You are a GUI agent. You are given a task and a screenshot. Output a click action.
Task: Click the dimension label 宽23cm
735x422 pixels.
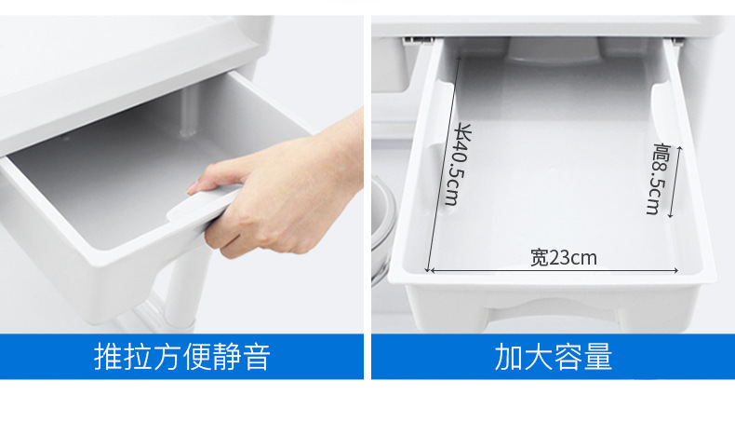tap(564, 258)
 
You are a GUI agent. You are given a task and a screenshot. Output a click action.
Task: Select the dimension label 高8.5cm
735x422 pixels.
tap(659, 179)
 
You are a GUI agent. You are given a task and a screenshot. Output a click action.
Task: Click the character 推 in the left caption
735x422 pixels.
tap(108, 357)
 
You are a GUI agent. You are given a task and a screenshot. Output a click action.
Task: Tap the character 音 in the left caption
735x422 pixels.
tap(257, 357)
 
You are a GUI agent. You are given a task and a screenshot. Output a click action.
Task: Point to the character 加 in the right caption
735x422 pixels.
tap(509, 357)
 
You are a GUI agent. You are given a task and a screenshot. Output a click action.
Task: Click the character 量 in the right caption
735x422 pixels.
tap(598, 357)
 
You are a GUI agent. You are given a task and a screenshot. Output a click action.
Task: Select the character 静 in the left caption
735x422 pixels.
tap(227, 357)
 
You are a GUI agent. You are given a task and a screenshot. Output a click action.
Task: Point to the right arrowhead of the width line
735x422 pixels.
tap(675, 270)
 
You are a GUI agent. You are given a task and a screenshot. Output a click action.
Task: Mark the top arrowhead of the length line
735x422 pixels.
tap(460, 60)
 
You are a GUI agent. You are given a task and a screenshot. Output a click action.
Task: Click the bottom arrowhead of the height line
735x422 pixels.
tap(671, 215)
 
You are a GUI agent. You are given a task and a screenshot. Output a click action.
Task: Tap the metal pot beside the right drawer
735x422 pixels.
tap(383, 230)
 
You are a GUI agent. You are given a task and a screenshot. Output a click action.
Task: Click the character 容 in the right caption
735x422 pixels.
tap(568, 357)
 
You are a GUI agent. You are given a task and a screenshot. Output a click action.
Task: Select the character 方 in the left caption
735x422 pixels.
tap(167, 357)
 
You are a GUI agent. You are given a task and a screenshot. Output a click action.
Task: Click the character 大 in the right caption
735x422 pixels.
tap(539, 357)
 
